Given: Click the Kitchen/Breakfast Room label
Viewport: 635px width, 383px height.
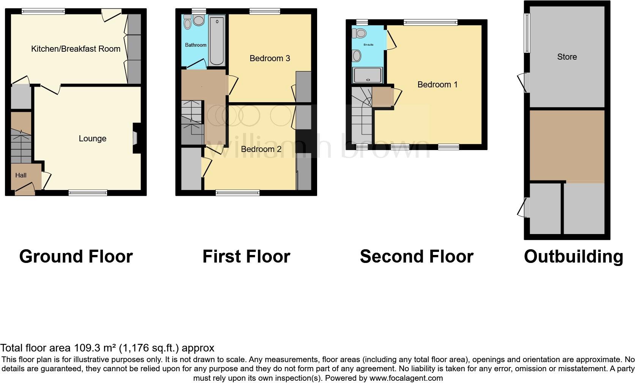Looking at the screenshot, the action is pos(76,49).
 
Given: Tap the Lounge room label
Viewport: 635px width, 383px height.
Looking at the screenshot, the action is pos(92,138).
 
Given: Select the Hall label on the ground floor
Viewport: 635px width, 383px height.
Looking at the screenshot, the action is pos(21,175).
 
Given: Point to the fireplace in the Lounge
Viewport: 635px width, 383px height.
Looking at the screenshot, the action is pos(137,138).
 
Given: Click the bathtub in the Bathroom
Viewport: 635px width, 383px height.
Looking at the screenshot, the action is pos(217,40).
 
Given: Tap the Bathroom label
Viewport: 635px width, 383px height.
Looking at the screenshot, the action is pos(196,45).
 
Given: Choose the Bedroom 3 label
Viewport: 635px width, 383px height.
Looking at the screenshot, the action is pos(270,58).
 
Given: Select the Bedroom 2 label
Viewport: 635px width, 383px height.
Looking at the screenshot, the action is pos(261,149).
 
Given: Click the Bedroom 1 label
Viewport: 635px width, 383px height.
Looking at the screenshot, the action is pos(438,84).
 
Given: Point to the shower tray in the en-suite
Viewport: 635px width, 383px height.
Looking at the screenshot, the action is pos(368,75).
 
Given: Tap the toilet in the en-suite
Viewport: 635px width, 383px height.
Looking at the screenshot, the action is pos(359,33).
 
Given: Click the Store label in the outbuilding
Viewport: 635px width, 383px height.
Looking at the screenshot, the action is pos(567,57).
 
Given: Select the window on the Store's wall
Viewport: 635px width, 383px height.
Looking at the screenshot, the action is pos(527,33).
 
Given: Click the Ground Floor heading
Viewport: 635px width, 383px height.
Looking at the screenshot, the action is pos(76,256).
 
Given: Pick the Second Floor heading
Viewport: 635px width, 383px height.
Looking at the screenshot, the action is pos(417,256).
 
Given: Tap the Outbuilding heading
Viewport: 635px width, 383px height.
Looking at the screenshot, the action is pos(573,257).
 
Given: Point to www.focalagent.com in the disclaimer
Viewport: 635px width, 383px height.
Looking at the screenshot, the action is pos(406,378).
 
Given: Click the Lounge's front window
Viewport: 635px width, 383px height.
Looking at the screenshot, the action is pos(88,193).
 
